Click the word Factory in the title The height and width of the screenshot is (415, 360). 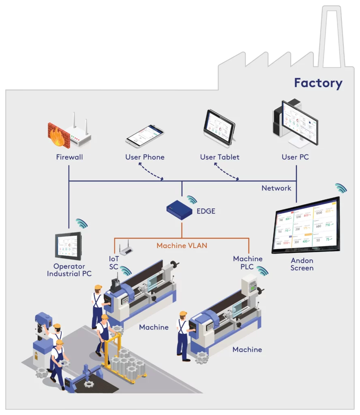318,83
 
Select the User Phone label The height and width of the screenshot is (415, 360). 145,157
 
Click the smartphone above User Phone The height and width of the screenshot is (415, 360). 145,136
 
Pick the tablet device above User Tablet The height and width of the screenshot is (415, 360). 219,126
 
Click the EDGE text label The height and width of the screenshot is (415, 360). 206,211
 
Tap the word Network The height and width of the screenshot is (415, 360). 276,188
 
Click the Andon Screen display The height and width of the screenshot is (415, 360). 306,225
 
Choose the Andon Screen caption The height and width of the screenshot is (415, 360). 302,264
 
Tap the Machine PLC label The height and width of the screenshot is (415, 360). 248,263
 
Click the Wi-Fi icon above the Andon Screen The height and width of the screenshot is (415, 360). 341,188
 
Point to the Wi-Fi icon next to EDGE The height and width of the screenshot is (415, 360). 192,199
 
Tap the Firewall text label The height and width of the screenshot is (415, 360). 69,157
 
